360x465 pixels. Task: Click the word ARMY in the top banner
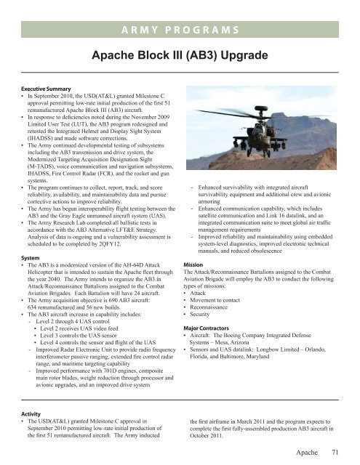[x=145, y=29]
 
